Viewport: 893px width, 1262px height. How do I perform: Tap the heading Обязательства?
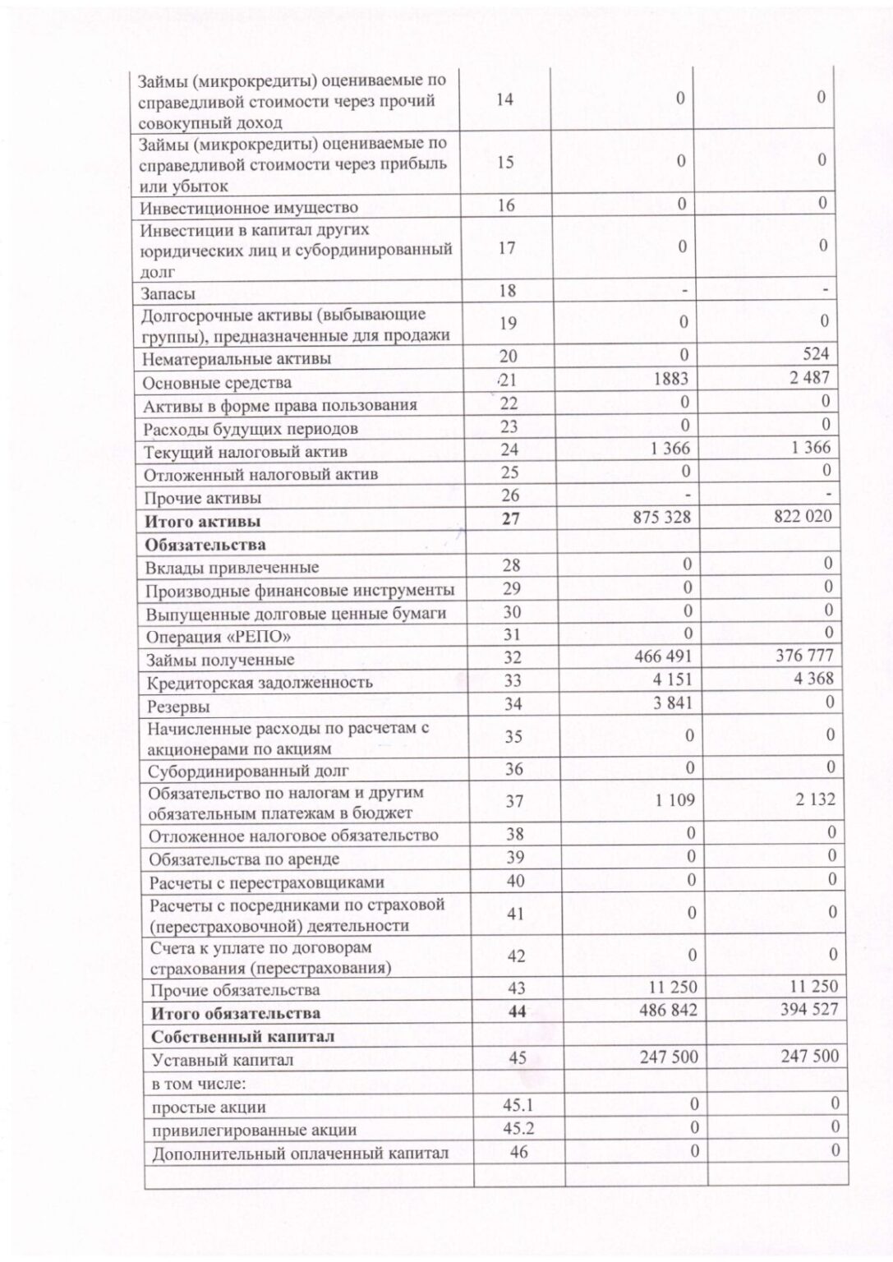coord(205,545)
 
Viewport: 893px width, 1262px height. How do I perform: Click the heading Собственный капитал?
coord(242,1037)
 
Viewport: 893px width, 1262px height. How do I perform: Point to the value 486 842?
coord(667,1010)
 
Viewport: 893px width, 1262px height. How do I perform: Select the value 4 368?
coord(813,678)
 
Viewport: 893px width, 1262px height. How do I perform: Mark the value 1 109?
coord(674,799)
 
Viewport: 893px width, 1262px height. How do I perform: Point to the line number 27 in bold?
coord(510,519)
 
